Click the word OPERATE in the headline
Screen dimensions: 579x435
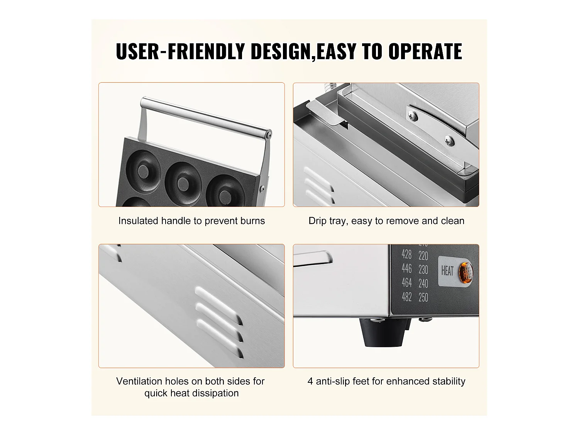tap(425, 51)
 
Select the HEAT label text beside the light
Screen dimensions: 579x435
tap(447, 271)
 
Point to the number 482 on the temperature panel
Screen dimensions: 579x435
tap(406, 297)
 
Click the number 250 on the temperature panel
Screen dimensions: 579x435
tap(423, 297)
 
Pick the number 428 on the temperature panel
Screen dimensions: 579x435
tap(406, 254)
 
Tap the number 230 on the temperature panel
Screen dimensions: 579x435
tap(423, 270)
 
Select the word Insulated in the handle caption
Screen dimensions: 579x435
tap(138, 221)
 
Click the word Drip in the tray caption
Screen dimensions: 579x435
tap(317, 221)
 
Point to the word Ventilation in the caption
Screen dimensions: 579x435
tap(139, 381)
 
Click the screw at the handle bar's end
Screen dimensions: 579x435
tap(269, 136)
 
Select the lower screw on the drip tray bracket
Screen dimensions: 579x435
tap(449, 140)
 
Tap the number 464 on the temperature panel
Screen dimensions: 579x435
tap(406, 283)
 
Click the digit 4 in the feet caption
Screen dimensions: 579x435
tap(310, 381)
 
